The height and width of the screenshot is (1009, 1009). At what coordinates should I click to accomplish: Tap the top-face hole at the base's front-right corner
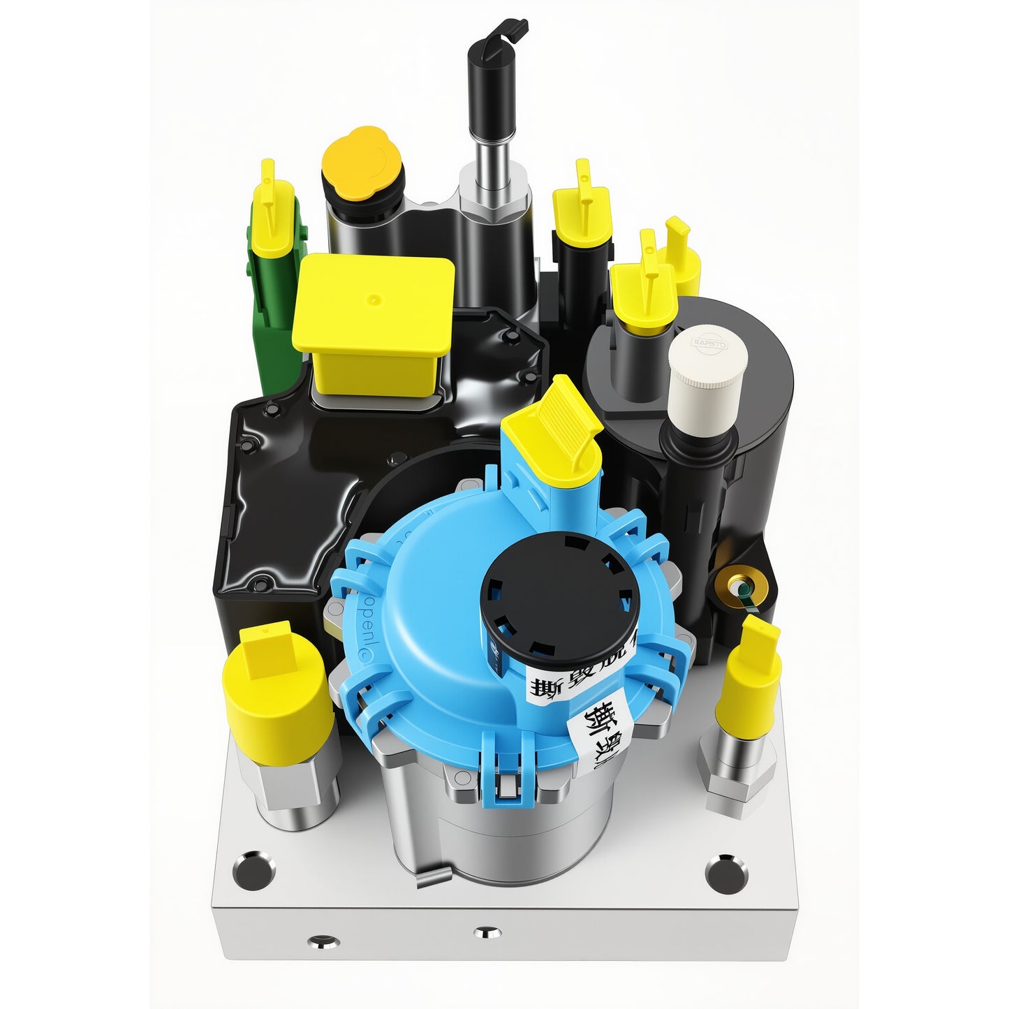pos(727,869)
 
